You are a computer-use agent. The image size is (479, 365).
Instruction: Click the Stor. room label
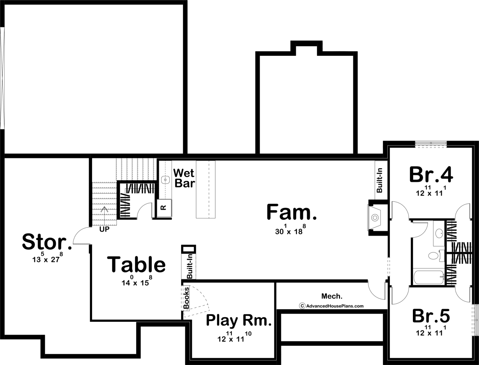point(47,242)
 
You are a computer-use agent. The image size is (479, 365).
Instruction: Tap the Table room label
point(136,265)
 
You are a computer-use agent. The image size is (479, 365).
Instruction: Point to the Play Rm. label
point(239,321)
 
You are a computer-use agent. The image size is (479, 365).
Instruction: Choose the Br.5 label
point(431,316)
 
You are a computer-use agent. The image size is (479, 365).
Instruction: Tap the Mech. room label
point(332,296)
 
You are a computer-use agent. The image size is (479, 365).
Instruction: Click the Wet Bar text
point(185,178)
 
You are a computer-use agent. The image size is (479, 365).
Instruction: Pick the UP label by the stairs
point(104,229)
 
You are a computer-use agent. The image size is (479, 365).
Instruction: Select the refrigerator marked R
point(164,208)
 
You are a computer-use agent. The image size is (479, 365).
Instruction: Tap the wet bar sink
point(165,180)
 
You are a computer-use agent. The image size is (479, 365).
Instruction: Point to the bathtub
point(429,277)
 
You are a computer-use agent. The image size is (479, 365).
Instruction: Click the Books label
point(186,298)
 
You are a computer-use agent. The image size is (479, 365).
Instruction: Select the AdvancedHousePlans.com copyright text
point(332,306)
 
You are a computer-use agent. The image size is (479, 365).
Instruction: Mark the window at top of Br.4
point(431,144)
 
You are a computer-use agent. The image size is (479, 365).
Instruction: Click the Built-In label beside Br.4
point(379,180)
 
